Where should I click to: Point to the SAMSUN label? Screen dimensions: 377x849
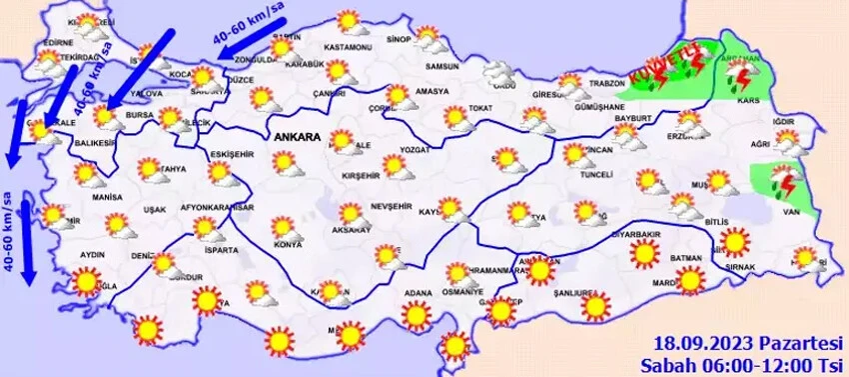point(441,67)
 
